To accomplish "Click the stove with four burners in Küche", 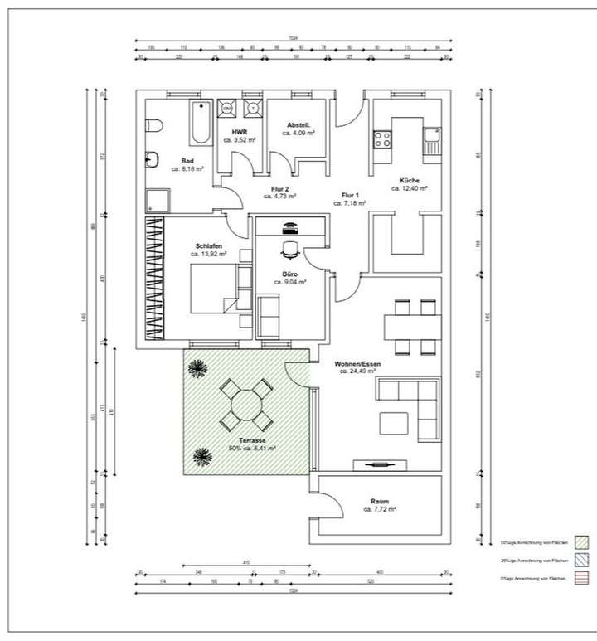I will coord(383,139).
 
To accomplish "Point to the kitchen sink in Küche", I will coord(431,141).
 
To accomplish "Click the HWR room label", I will coord(240,132).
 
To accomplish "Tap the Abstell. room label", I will coord(298,125).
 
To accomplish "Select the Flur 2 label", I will coord(280,189).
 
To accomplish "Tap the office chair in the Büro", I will coord(290,246).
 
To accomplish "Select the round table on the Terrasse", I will coord(246,405).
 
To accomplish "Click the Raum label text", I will coord(380,502).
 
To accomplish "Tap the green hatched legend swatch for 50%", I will coord(581,543).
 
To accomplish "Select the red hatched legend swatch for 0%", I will coord(581,577).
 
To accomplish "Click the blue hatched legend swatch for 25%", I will coord(581,561).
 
